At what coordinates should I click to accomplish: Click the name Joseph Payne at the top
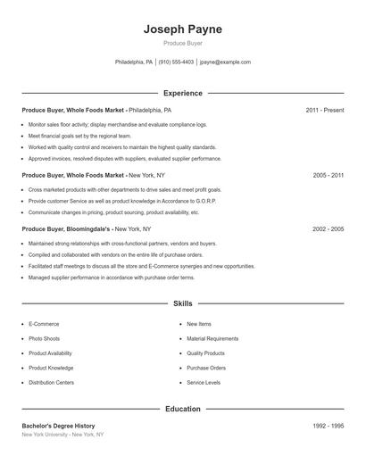tap(182, 29)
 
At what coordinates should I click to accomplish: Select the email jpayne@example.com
tap(225, 62)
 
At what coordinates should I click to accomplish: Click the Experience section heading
tap(182, 93)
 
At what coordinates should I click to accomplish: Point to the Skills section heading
tap(182, 303)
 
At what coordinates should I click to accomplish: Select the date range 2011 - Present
tap(324, 110)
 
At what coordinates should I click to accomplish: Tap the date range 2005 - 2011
tap(328, 176)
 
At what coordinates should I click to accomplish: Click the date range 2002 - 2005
tap(328, 229)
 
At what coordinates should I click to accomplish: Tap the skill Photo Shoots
tap(44, 339)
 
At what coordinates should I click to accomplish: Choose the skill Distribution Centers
tap(51, 382)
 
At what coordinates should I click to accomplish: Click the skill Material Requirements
tap(212, 339)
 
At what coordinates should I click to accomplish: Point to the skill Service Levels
tap(204, 382)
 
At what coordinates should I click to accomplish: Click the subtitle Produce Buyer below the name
tap(182, 44)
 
